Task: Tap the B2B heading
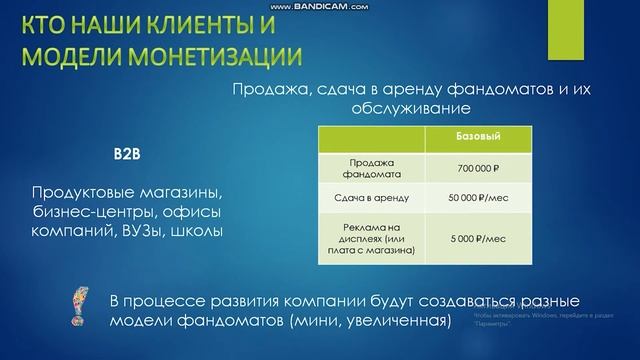127,157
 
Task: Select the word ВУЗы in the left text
146,231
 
